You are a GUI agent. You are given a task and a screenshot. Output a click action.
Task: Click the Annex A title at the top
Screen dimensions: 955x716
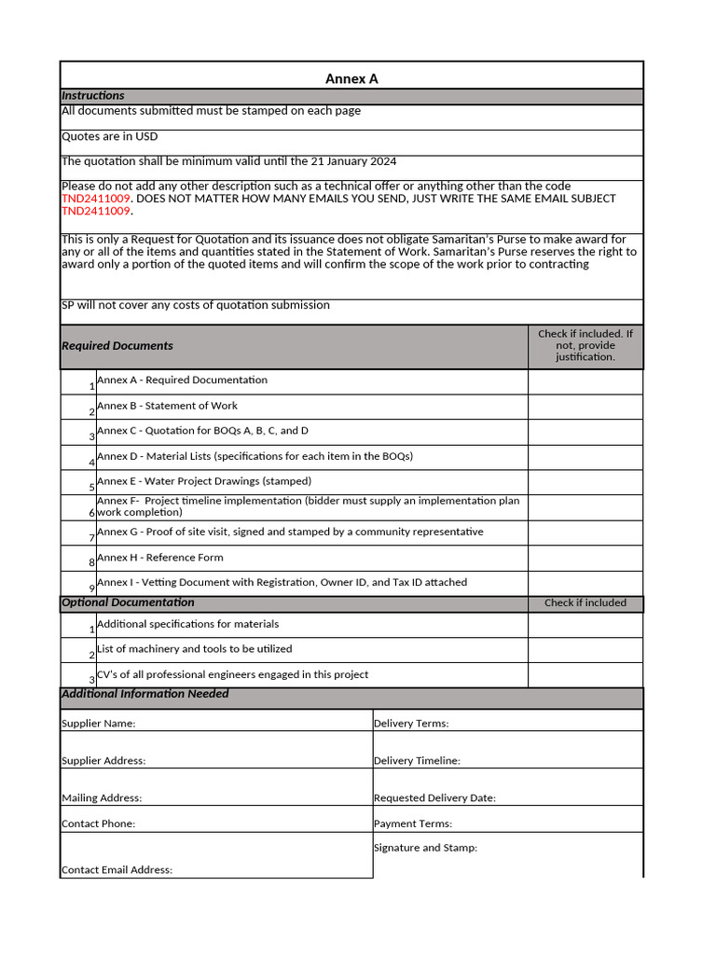coord(351,78)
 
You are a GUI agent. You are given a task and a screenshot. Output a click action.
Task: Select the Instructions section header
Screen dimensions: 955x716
coord(93,96)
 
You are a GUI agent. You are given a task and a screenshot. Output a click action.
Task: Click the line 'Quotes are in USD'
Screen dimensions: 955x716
coord(110,136)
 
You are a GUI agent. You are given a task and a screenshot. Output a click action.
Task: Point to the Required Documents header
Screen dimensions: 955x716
coord(117,346)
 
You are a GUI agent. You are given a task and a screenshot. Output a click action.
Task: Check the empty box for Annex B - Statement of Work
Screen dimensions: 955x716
coord(585,407)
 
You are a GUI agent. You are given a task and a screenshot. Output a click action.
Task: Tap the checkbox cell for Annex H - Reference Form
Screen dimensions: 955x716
coord(585,558)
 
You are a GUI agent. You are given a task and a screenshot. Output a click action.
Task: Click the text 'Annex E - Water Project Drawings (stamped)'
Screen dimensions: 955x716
coord(204,481)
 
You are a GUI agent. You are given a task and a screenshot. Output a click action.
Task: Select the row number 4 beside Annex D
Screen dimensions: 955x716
coord(91,462)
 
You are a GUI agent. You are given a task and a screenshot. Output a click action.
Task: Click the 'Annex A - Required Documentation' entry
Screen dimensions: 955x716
coord(182,381)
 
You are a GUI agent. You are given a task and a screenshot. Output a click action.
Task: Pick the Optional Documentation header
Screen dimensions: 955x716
coord(128,602)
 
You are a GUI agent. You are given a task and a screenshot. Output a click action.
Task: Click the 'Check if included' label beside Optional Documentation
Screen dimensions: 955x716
coord(585,603)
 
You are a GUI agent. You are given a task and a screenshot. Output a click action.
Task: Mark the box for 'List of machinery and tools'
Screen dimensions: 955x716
coord(585,650)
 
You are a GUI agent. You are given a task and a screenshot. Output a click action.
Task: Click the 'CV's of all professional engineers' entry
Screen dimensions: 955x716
coord(232,674)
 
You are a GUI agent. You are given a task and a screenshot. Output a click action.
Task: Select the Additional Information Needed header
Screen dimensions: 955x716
coord(145,694)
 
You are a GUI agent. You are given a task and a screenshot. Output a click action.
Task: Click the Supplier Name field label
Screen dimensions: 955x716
coord(98,724)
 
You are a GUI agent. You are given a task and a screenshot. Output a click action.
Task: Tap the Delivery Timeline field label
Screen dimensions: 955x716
coord(417,761)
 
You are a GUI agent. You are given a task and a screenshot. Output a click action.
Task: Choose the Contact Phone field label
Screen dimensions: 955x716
coord(98,824)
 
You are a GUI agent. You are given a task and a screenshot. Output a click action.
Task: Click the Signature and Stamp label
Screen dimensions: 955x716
coord(425,848)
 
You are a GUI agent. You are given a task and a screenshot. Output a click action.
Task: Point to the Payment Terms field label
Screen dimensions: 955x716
coord(412,824)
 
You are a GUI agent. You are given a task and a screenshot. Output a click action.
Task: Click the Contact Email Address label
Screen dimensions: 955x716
coord(117,870)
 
